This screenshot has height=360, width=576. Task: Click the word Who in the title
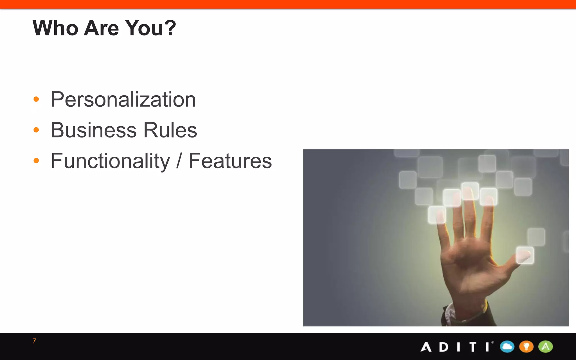pos(55,28)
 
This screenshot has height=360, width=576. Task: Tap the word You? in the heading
pos(150,28)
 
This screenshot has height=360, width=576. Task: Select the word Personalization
pos(123,100)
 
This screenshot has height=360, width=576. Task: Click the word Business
pos(94,130)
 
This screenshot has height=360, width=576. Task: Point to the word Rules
pos(170,130)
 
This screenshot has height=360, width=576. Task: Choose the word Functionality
pos(110,161)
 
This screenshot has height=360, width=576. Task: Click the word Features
pos(230,161)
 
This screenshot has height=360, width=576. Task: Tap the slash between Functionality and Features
pos(179,161)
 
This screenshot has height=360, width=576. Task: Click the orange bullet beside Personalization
pos(36,99)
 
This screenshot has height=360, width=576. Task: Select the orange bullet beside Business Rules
pos(36,130)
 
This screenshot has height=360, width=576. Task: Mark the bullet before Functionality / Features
pos(36,161)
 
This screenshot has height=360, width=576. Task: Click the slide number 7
pos(34,341)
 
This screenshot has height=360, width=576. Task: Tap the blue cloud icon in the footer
pos(507,346)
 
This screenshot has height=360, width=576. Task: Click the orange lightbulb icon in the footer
pos(526,346)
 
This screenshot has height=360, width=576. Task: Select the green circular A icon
pos(545,346)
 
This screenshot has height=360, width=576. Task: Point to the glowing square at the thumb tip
pos(525,255)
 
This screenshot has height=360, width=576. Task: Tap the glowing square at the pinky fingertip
pos(437,215)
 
